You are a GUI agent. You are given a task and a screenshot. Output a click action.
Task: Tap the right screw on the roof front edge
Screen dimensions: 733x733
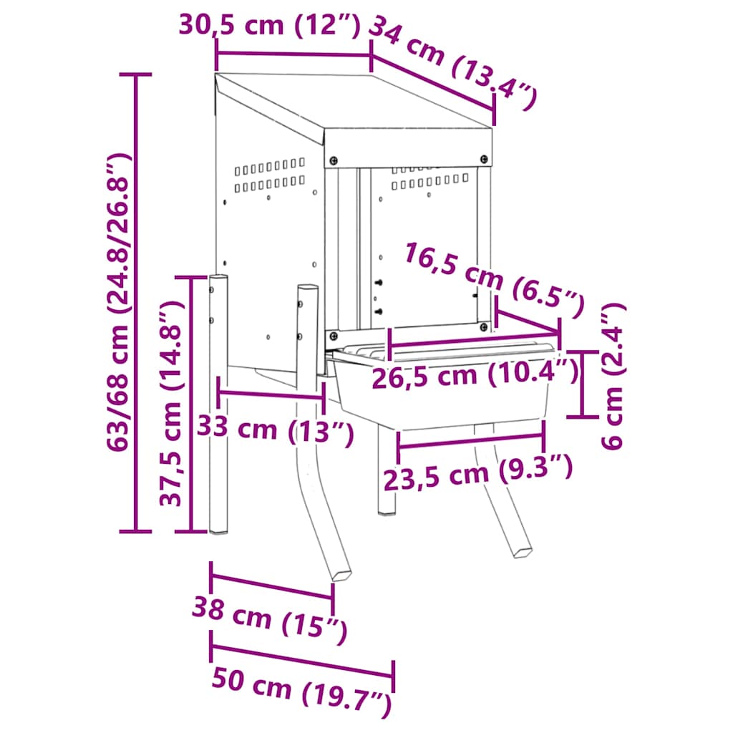tap(484, 158)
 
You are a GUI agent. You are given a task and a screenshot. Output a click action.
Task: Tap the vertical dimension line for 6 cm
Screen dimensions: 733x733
tap(581, 384)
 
